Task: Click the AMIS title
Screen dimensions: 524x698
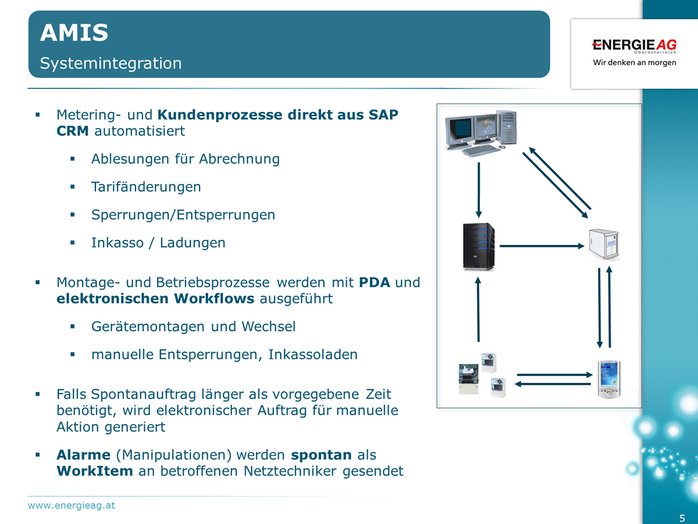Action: click(x=74, y=33)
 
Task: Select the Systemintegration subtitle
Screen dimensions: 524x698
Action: click(x=111, y=63)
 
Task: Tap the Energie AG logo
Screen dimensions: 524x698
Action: click(x=634, y=45)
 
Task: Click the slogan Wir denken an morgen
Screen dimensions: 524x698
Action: click(x=634, y=62)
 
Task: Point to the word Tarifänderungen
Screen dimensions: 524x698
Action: click(x=146, y=187)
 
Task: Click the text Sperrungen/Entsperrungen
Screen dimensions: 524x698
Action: click(x=183, y=215)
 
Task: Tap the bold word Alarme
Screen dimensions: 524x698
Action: click(x=83, y=455)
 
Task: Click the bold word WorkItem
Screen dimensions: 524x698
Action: click(x=95, y=471)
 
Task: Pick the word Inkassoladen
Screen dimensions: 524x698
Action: click(x=313, y=355)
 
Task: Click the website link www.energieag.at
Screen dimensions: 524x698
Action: click(x=72, y=505)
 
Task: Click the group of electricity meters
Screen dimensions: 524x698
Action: click(x=481, y=375)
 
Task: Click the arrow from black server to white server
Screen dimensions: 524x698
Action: click(x=542, y=246)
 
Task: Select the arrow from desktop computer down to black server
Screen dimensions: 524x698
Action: click(x=479, y=189)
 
